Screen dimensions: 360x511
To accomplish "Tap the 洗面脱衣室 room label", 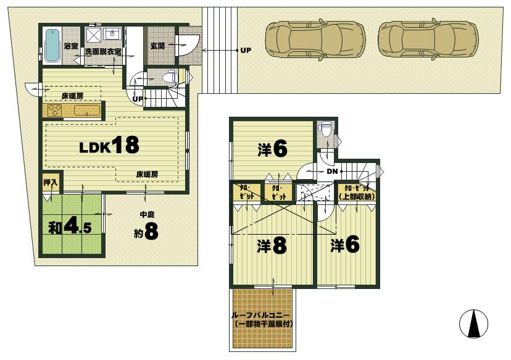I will [x=103, y=52].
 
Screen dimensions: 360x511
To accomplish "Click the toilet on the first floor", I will [x=170, y=78].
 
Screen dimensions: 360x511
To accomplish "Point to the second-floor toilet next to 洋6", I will [x=325, y=130].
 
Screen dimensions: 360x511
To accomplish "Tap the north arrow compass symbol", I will [x=474, y=323].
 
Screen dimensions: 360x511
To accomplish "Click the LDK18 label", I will [x=109, y=146].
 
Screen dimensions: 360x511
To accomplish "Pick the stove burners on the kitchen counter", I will [x=52, y=111].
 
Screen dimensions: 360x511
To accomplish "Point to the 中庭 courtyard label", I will [x=147, y=216].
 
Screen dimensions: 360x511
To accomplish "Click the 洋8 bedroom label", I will [x=272, y=246].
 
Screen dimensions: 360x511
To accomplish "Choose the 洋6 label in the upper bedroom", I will [x=272, y=149].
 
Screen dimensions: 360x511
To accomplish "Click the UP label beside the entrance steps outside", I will [x=245, y=50].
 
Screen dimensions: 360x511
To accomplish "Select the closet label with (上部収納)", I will [x=357, y=192].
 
